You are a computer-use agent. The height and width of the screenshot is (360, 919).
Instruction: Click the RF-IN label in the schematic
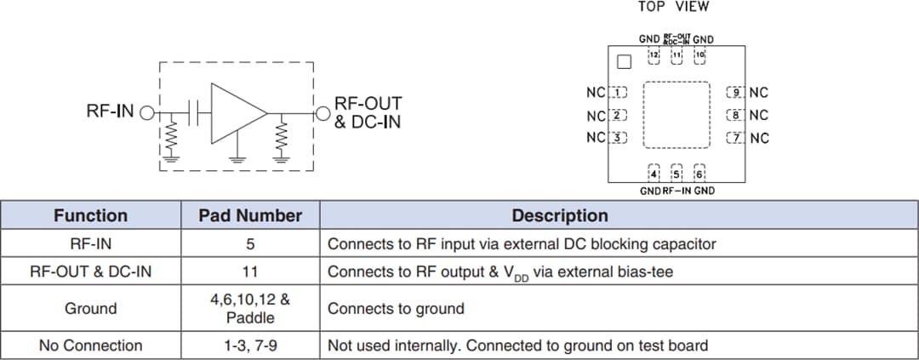pos(111,111)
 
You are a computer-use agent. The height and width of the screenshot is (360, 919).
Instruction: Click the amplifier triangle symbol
pos(237,112)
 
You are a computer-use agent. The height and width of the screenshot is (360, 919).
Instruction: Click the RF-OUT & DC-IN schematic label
pos(368,112)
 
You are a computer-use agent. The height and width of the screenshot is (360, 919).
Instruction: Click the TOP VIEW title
pos(673,7)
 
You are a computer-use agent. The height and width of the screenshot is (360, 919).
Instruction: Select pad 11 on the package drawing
pos(676,56)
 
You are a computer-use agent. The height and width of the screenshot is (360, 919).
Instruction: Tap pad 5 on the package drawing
pos(676,173)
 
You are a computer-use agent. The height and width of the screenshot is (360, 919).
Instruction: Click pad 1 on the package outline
pos(619,92)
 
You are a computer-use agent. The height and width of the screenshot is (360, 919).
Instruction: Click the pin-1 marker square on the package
pos(624,61)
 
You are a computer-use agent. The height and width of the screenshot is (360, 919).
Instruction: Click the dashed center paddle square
pos(676,115)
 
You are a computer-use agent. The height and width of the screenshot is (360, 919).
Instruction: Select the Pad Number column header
pos(250,215)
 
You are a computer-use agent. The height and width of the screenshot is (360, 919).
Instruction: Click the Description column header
pos(559,215)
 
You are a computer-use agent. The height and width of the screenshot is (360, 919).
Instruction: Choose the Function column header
pos(90,215)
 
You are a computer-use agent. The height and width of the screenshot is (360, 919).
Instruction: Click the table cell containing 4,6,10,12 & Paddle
pos(250,308)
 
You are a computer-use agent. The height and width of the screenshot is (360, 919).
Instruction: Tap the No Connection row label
pos(90,346)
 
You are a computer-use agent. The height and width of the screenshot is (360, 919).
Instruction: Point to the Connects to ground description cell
pos(396,308)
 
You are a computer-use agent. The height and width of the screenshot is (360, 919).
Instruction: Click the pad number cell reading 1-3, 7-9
pos(250,346)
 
